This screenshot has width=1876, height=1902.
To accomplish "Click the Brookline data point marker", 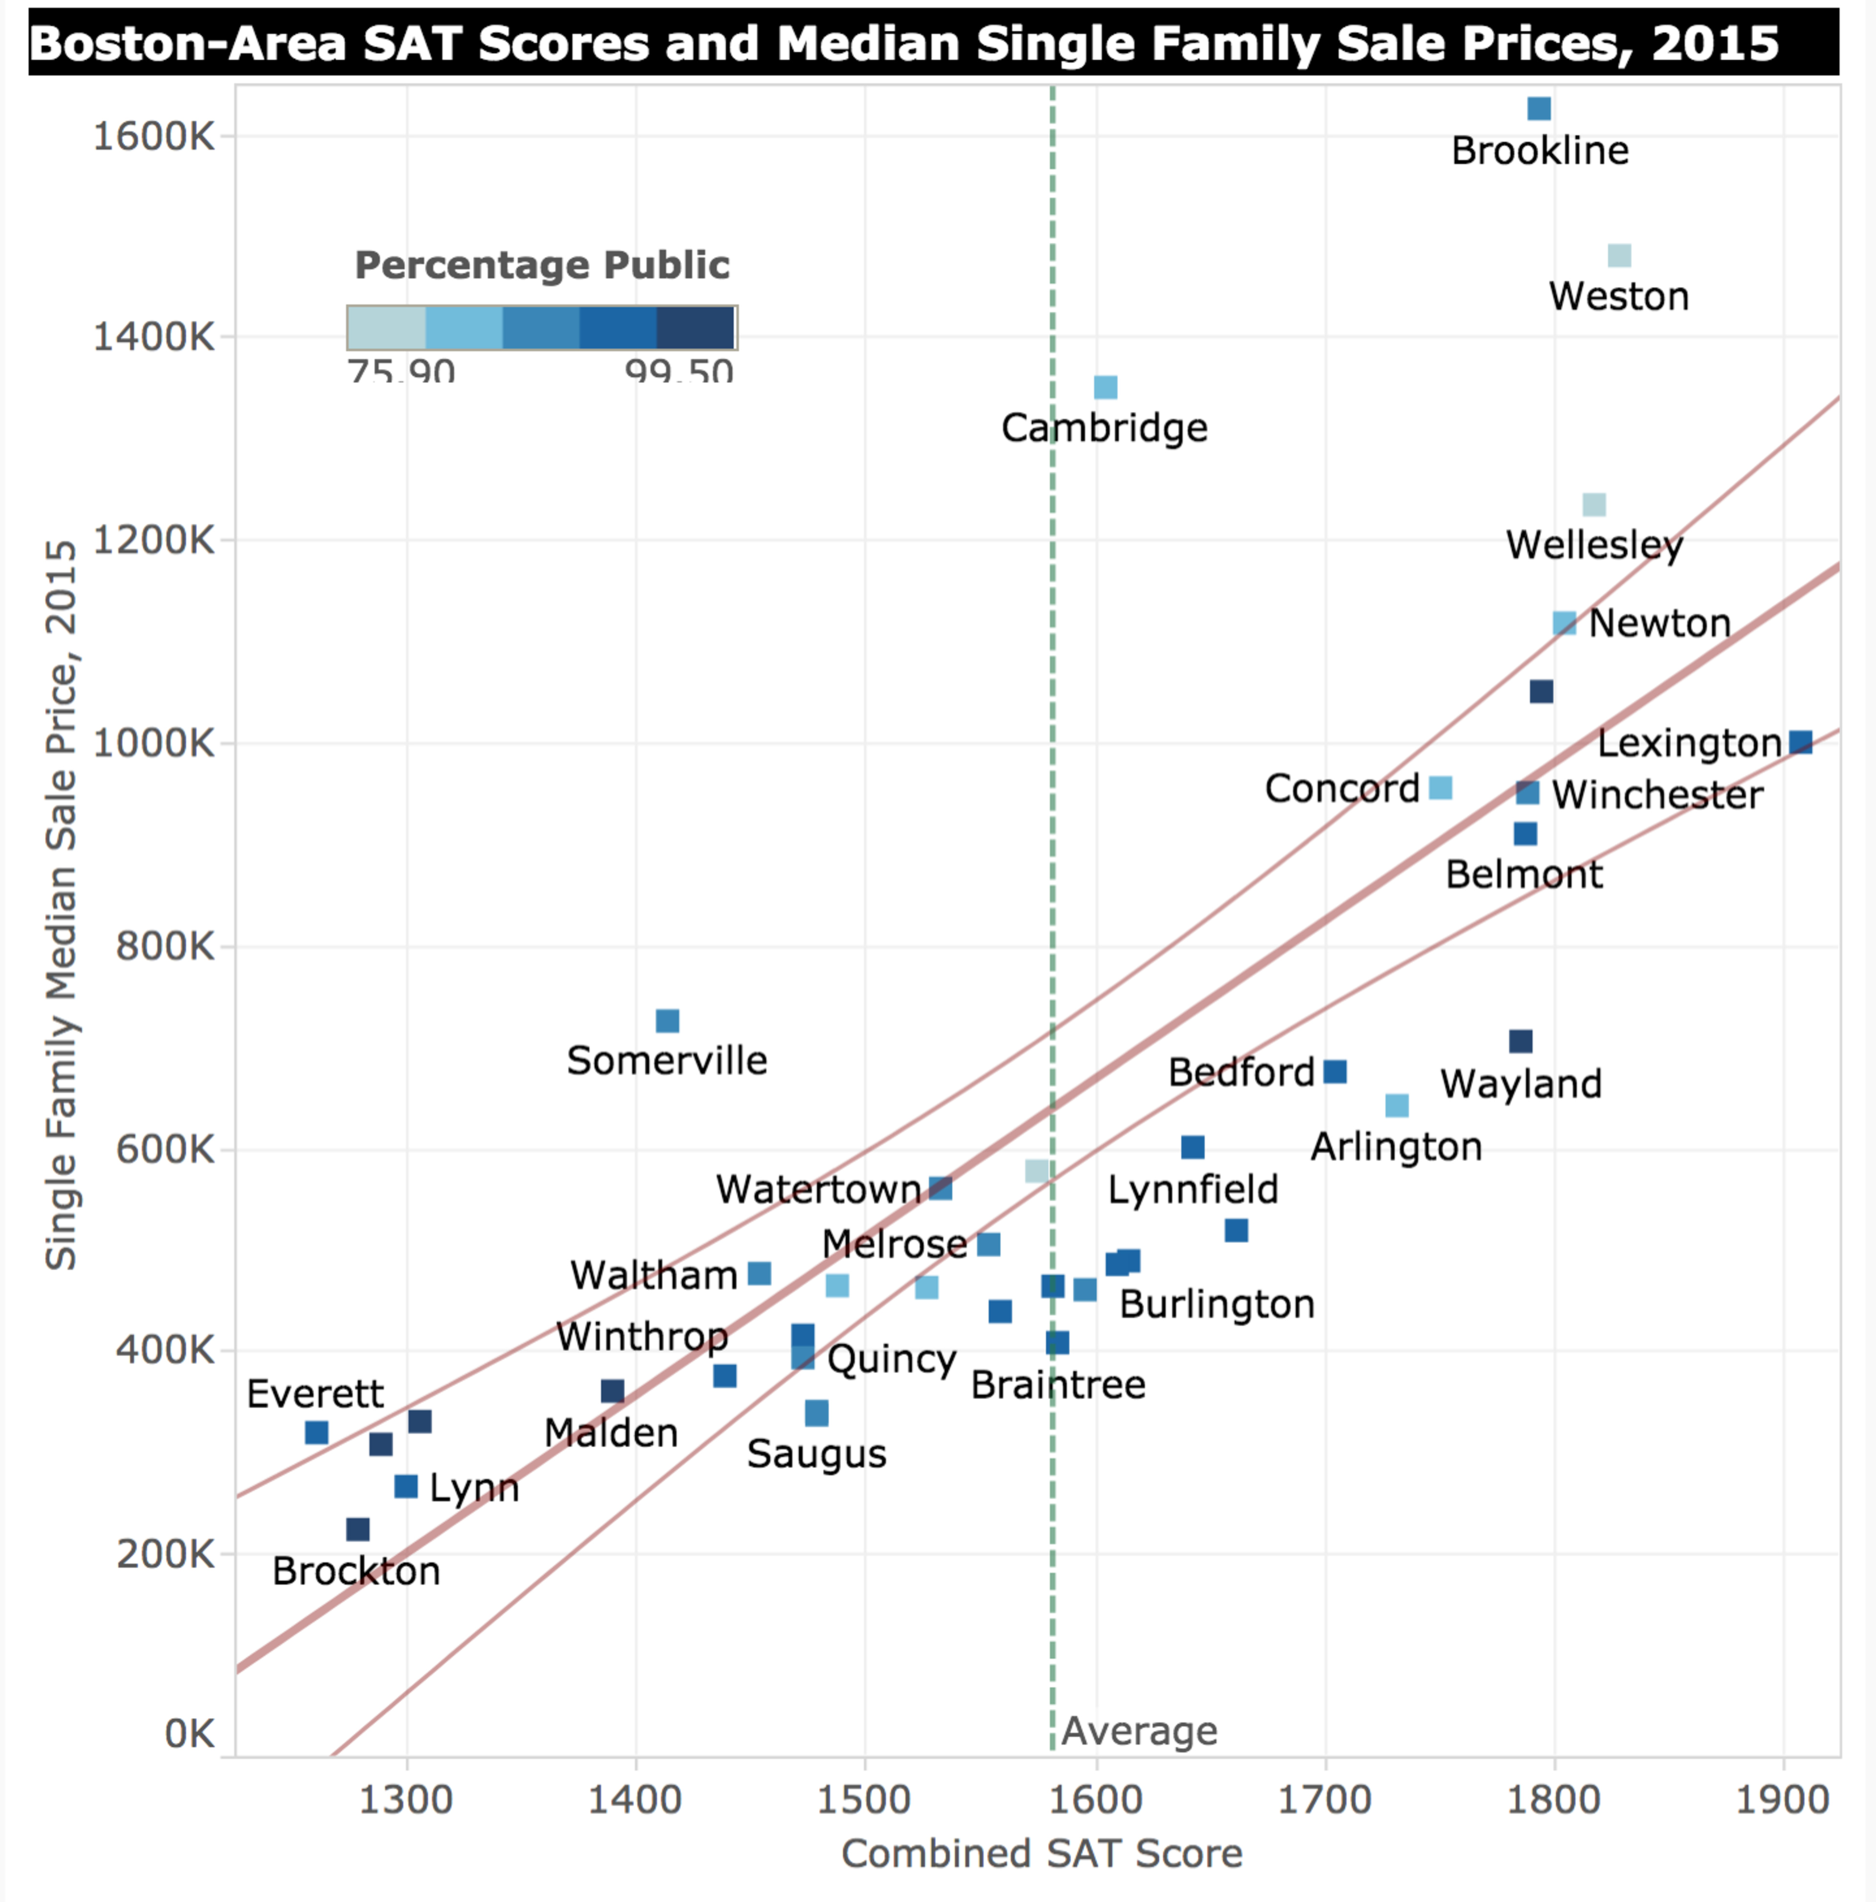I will coord(1538,108).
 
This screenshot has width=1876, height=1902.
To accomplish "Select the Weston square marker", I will coord(1618,256).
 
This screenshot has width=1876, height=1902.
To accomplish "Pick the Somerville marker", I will coord(667,1021).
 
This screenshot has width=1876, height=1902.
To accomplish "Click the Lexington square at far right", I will coord(1800,742).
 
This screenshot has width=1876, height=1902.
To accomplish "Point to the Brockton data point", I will coord(358,1529).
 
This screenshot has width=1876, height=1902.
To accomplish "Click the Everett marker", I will coord(316,1432).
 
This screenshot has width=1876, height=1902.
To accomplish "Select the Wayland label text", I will coord(1521,1084).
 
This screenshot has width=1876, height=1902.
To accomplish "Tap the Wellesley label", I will coord(1594,544).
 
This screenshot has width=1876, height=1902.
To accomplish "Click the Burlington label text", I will coord(1216,1304).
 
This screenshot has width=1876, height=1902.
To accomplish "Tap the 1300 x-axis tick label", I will coord(405,1798).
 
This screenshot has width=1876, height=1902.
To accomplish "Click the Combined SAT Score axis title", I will coord(1042,1854).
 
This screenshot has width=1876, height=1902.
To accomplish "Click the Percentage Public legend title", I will coord(541,265).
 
